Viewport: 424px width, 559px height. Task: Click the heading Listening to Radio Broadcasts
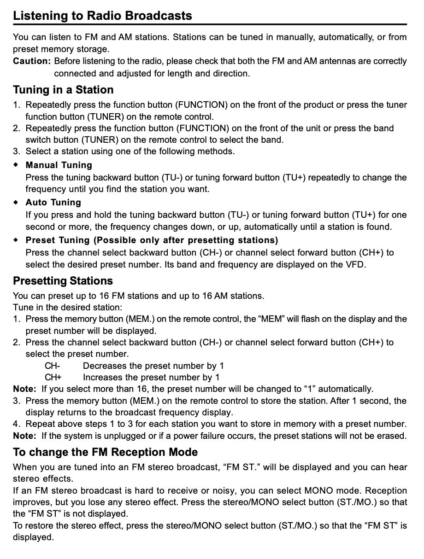(102, 16)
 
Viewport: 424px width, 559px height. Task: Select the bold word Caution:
(31, 61)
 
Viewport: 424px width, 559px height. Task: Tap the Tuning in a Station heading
(63, 89)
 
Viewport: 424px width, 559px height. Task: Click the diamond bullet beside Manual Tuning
(16, 165)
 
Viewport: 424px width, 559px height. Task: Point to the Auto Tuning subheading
(53, 203)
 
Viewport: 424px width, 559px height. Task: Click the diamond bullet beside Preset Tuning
(16, 240)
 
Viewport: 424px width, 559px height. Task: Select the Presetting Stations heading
(63, 281)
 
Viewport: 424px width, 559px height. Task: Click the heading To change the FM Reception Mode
(105, 452)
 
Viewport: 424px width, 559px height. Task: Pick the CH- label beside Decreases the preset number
(52, 366)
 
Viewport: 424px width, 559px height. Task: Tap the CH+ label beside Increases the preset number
(53, 378)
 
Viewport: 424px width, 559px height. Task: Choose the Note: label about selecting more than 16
(24, 389)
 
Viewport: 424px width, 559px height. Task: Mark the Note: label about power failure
(24, 436)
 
